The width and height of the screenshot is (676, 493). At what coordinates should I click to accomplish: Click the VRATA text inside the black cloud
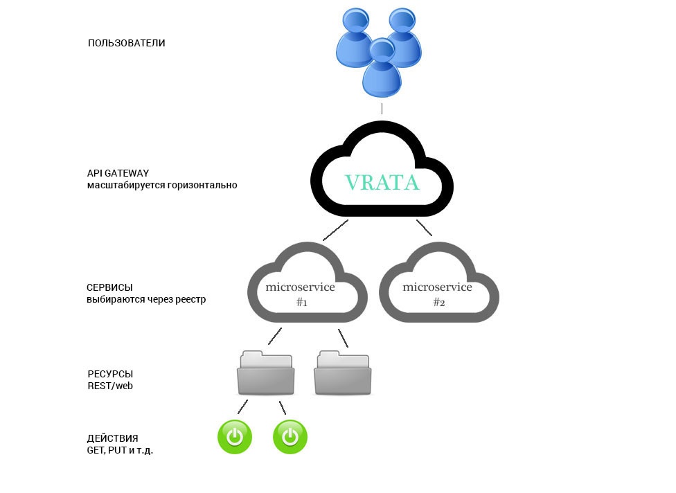[x=382, y=182]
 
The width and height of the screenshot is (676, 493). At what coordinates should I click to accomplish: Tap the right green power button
[x=290, y=438]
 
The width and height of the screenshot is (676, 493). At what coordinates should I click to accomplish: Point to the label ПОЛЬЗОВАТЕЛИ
[x=127, y=43]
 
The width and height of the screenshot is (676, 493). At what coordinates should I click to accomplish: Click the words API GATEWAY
[x=118, y=173]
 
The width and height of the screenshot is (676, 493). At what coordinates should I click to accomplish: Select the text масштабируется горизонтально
[x=162, y=185]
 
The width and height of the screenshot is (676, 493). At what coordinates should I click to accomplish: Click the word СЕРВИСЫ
[x=109, y=287]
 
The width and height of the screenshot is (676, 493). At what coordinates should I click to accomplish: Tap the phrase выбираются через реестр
[x=146, y=299]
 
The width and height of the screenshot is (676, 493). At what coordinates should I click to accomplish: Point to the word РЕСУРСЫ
[x=109, y=374]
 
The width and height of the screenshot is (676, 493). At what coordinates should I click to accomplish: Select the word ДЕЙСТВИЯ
[x=112, y=438]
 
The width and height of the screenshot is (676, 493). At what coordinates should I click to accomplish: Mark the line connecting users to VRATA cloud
[x=382, y=109]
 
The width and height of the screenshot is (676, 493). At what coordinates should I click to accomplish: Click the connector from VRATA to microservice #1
[x=335, y=231]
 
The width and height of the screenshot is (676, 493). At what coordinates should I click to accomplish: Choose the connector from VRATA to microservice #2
[x=424, y=228]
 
